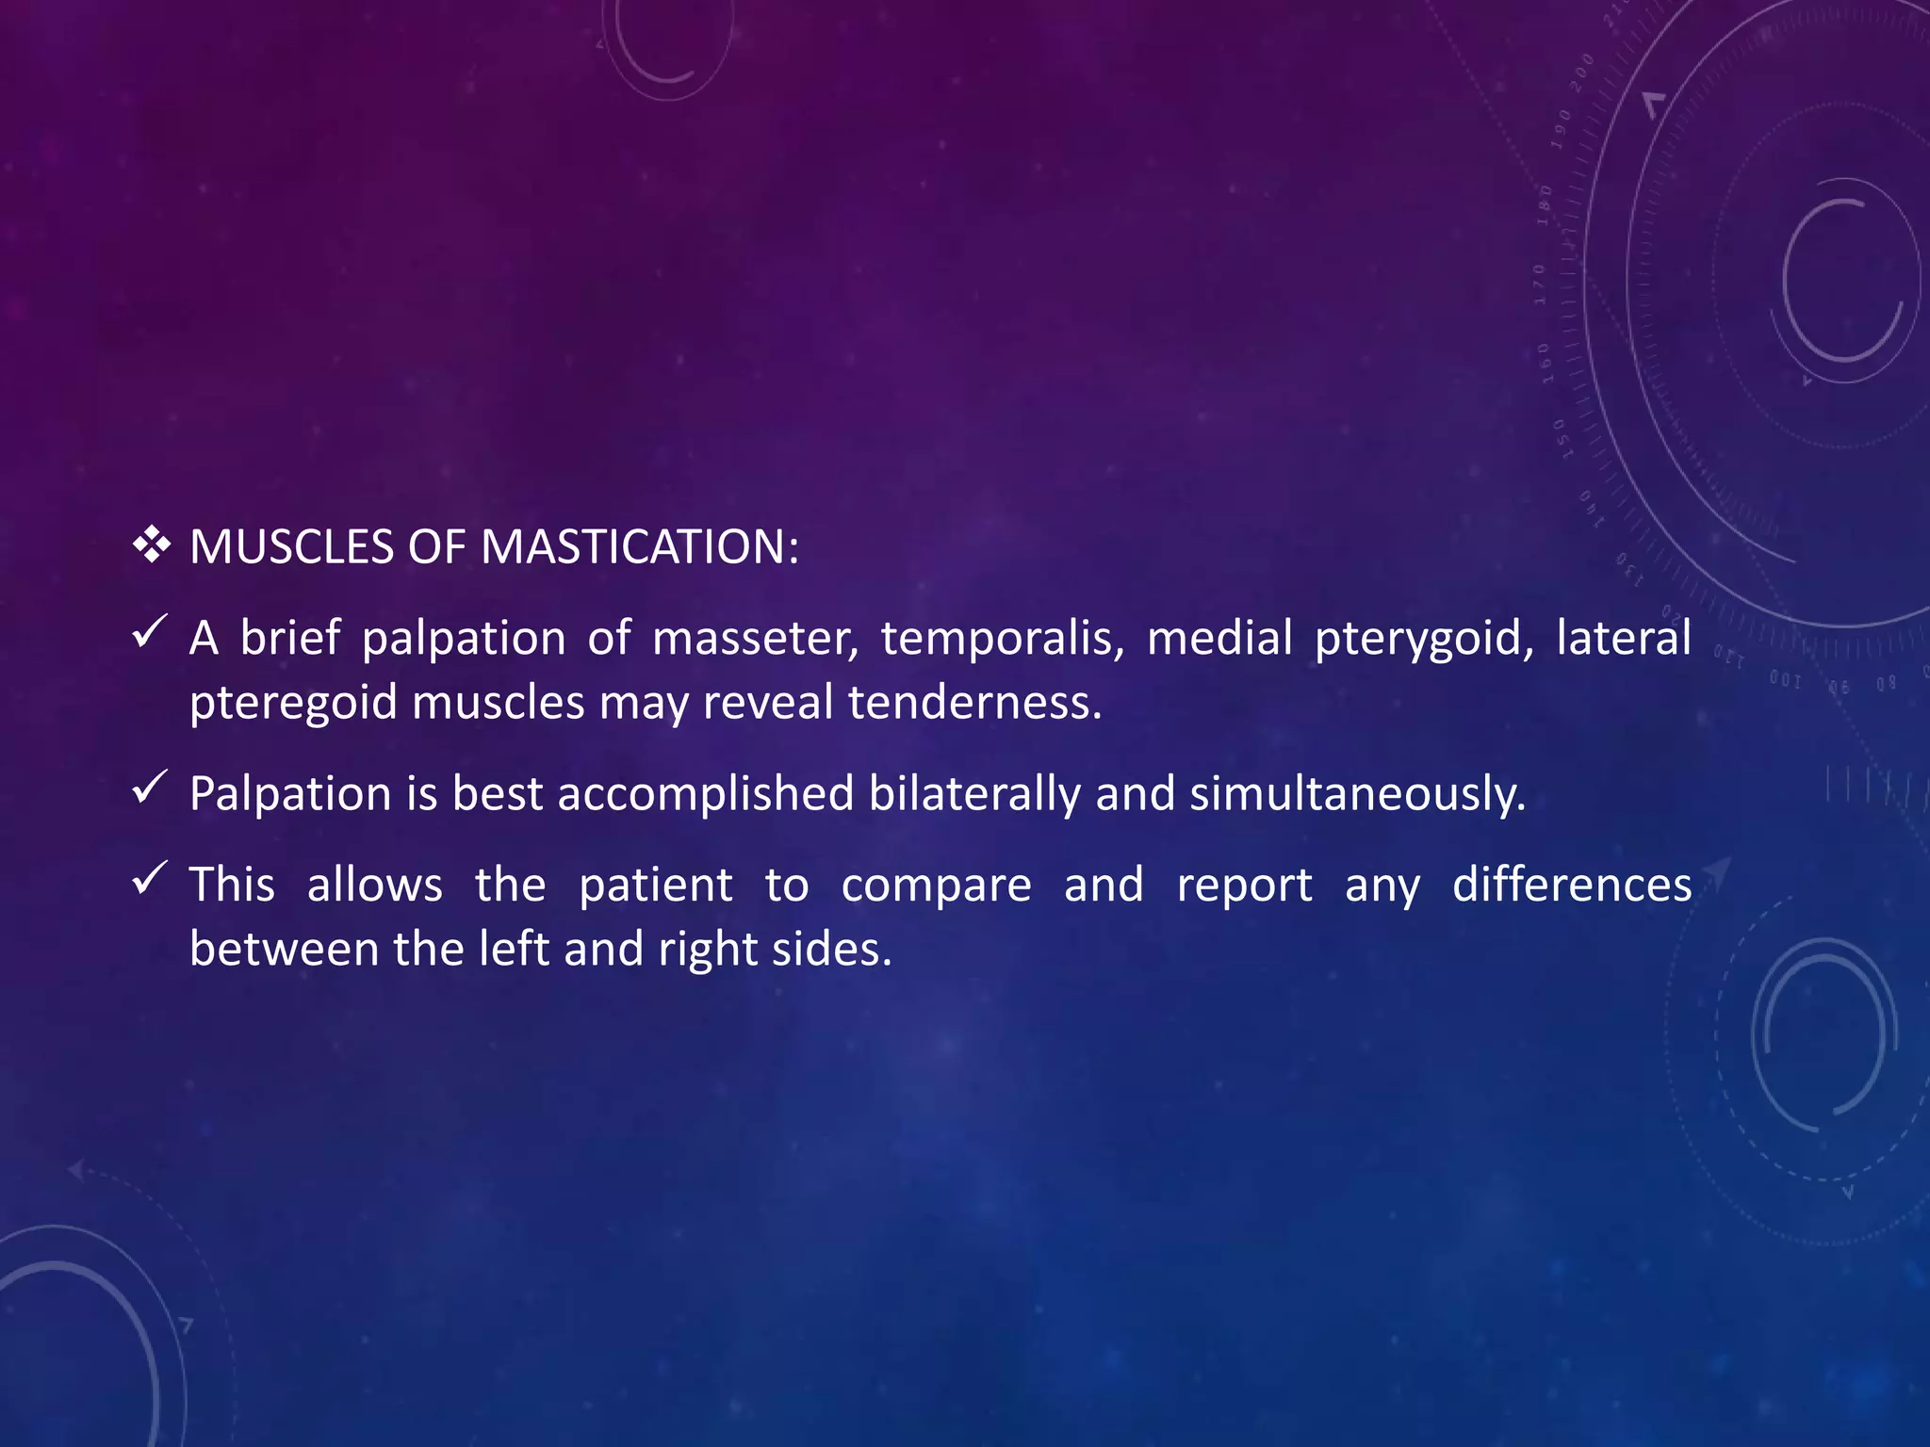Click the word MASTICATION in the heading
pos(639,547)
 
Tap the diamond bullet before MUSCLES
pos(151,545)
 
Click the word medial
pos(1219,639)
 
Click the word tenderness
pos(974,703)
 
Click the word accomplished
pos(706,793)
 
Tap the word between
pos(284,949)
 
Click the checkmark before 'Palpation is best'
pos(150,787)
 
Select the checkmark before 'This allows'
pos(150,878)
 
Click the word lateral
pos(1623,639)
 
